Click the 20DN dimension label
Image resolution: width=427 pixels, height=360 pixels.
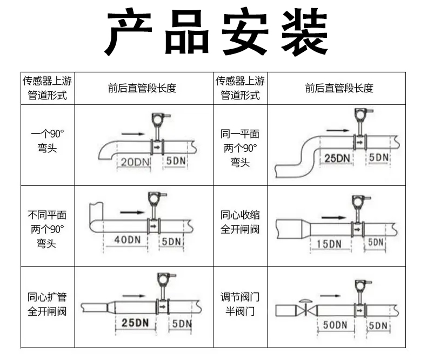pyautogui.click(x=135, y=162)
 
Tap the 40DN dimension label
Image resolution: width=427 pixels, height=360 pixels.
pyautogui.click(x=128, y=240)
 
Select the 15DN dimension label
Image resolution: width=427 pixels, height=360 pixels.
pyautogui.click(x=329, y=244)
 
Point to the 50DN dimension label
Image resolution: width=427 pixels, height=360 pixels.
pyautogui.click(x=335, y=325)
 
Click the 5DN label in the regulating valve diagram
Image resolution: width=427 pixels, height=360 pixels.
pyautogui.click(x=378, y=325)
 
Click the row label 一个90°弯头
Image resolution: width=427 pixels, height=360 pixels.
pyautogui.click(x=48, y=141)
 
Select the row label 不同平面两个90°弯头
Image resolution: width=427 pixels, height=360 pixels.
pyautogui.click(x=47, y=229)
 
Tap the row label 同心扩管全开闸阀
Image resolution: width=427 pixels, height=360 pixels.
pyautogui.click(x=47, y=304)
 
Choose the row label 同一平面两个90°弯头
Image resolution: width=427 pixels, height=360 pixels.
pyautogui.click(x=240, y=149)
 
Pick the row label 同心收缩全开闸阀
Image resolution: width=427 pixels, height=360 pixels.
pyautogui.click(x=240, y=222)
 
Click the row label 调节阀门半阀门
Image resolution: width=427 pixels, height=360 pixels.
pyautogui.click(x=240, y=304)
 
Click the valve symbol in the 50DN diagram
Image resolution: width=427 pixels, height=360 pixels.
pyautogui.click(x=306, y=308)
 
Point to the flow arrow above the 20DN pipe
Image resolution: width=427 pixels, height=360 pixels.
pyautogui.click(x=133, y=134)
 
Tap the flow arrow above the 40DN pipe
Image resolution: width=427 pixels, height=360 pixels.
pyautogui.click(x=132, y=212)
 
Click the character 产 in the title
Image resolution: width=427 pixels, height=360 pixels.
pyautogui.click(x=129, y=32)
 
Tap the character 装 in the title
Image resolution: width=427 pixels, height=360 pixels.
pyautogui.click(x=304, y=32)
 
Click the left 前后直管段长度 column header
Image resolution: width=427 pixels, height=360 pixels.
pyautogui.click(x=142, y=88)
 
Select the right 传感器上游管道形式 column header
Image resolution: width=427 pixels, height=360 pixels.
pyautogui.click(x=240, y=88)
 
